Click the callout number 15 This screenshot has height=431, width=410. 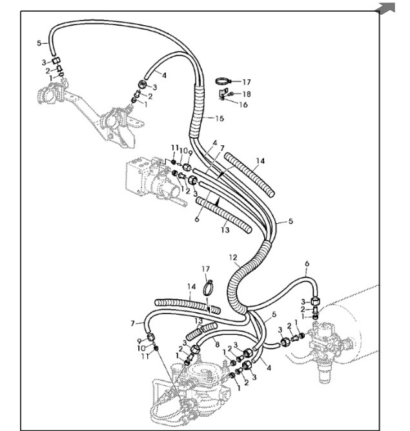[x=220, y=118]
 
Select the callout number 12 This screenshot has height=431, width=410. [x=232, y=257]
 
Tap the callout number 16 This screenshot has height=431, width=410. [x=244, y=105]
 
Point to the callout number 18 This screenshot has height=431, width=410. [x=246, y=94]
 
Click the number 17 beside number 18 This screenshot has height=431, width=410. [x=245, y=82]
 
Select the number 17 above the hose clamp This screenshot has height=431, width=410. [x=206, y=268]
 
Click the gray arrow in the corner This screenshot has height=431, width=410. [x=387, y=8]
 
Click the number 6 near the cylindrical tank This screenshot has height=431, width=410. [x=307, y=264]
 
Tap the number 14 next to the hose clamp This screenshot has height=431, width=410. [x=190, y=286]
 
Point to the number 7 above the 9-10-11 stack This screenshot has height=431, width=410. [x=133, y=323]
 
